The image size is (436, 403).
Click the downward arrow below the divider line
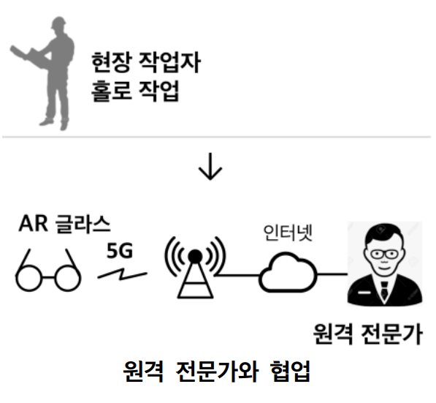tap(210, 166)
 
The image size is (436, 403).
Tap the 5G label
tap(120, 250)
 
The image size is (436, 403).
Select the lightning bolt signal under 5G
tap(122, 274)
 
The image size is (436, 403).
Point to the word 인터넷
tap(288, 233)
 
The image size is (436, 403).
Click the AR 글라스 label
tap(64, 224)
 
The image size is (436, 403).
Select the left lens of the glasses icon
tap(28, 278)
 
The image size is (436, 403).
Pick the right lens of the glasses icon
tap(68, 278)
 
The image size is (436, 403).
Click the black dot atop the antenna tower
tap(195, 256)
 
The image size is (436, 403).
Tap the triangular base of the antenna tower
tap(195, 282)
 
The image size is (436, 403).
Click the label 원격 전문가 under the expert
tap(368, 334)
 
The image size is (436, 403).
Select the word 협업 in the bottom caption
tap(290, 372)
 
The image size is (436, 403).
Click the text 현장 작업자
tap(146, 62)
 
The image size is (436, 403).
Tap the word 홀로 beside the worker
tap(111, 91)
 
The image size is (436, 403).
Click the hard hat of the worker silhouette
tap(58, 22)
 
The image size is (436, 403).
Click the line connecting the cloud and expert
tap(332, 274)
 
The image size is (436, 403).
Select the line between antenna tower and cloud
tap(238, 275)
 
